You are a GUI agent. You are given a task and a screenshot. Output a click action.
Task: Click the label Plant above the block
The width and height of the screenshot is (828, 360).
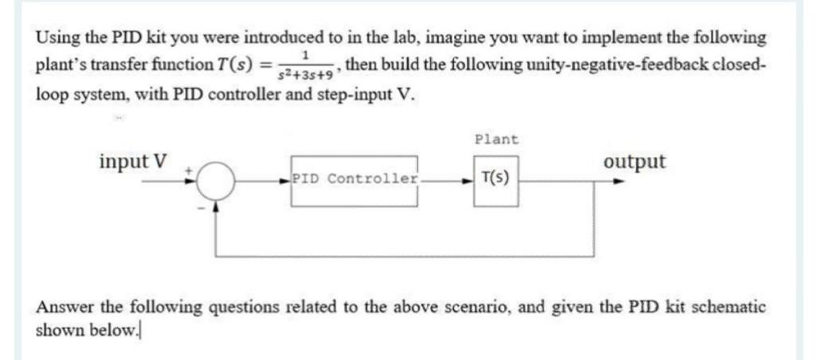(x=496, y=140)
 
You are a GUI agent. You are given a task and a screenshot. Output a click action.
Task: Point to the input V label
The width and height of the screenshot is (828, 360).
(x=133, y=162)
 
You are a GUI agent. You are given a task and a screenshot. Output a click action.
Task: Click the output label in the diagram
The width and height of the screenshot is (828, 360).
(x=634, y=162)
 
